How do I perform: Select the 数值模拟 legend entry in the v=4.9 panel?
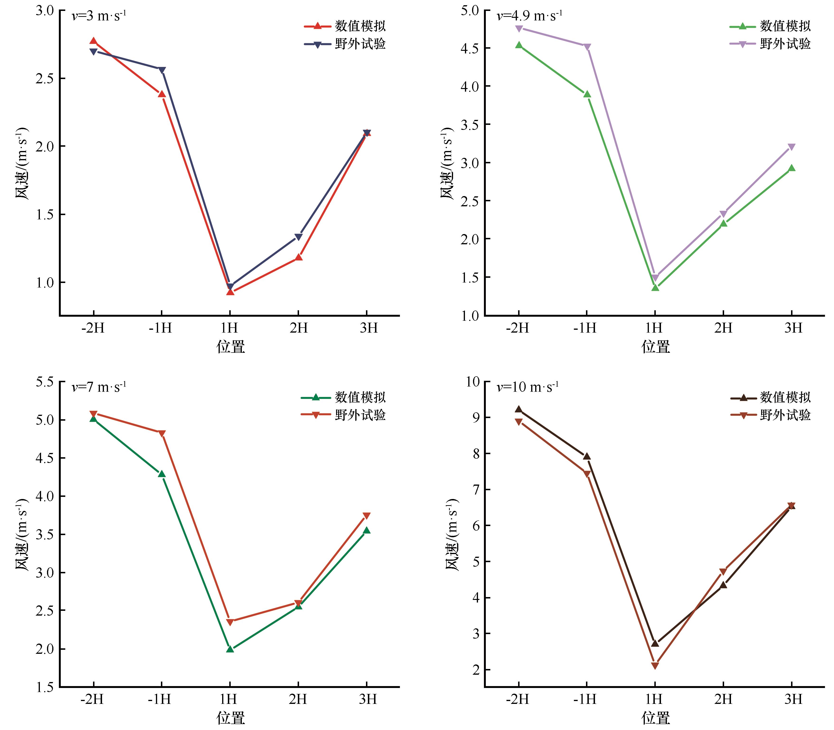click(770, 26)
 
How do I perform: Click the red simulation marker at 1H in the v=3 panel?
click(230, 292)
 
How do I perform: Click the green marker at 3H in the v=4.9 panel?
click(792, 168)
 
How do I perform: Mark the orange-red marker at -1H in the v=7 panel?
click(162, 433)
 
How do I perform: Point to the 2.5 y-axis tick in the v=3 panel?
click(45, 78)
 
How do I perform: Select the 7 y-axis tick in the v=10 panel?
click(475, 490)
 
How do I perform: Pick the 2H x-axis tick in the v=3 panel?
click(299, 328)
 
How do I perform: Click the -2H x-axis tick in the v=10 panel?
click(517, 699)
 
